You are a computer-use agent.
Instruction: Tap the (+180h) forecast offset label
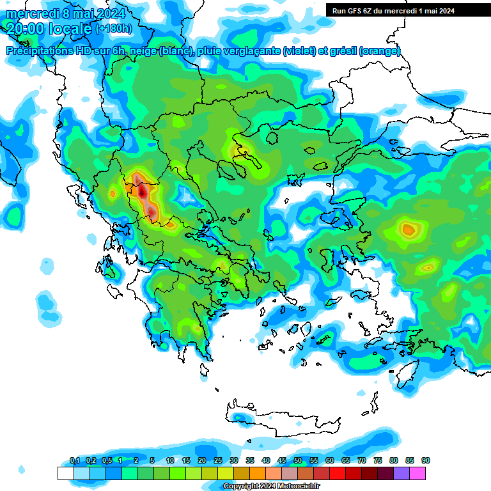[114, 28]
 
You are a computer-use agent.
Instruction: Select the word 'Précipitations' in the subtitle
[38, 51]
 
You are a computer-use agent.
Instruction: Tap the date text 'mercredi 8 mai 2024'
[66, 13]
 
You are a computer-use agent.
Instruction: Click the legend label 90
[426, 460]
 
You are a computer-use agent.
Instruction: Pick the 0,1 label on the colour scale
[74, 460]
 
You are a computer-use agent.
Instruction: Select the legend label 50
[298, 460]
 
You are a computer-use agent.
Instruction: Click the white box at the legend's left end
[65, 473]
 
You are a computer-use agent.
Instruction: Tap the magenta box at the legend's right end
[417, 473]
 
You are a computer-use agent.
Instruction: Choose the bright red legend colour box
[338, 473]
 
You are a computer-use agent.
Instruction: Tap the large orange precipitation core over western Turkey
[408, 228]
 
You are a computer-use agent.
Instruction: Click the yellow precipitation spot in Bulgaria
[244, 151]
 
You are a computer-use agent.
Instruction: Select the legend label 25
[218, 460]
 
